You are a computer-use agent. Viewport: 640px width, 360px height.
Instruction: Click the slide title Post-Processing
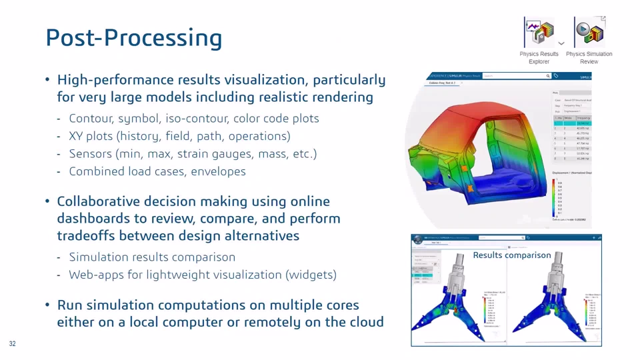133,37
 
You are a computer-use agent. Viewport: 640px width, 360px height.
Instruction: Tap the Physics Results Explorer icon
539,31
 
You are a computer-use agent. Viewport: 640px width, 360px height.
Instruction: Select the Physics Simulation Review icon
589,31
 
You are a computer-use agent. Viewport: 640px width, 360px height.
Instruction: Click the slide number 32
12,344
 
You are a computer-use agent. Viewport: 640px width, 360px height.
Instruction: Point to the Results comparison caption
511,255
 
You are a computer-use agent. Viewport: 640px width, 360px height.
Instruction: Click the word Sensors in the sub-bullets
90,154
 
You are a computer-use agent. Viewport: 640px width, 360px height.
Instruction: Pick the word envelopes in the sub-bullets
220,171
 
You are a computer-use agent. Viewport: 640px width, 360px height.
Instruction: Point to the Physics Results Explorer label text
539,57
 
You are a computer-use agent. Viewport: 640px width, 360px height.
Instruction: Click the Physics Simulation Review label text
589,57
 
